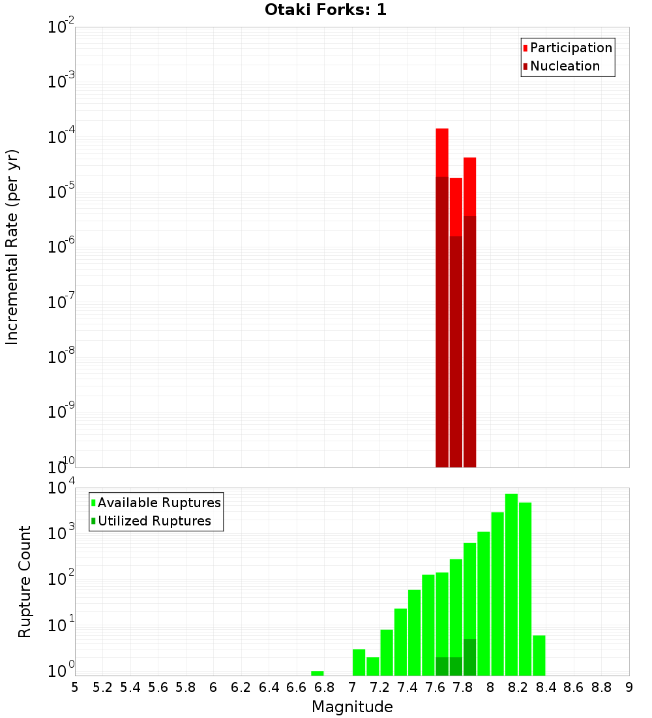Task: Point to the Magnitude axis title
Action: [x=352, y=707]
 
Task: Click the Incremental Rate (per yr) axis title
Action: [x=12, y=247]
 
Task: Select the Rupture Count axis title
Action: [x=25, y=582]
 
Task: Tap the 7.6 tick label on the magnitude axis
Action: [x=436, y=687]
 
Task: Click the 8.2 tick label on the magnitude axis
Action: [x=518, y=687]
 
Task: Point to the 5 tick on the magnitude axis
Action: [x=75, y=687]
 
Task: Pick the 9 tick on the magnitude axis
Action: [x=629, y=687]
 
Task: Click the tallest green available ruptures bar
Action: [x=511, y=584]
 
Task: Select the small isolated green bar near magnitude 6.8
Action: [x=318, y=673]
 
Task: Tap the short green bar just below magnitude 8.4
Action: [x=539, y=655]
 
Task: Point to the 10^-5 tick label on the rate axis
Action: [x=61, y=193]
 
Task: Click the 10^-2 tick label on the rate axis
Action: [x=61, y=28]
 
